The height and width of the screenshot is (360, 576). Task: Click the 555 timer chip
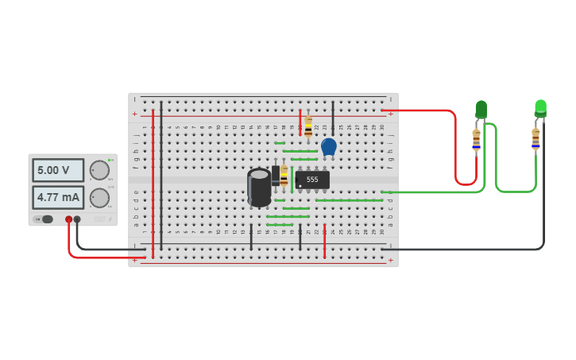point(312,180)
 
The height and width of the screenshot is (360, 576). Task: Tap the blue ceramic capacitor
point(329,146)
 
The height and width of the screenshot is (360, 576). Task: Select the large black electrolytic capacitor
point(259,188)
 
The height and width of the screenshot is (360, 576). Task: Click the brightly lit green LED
point(540,107)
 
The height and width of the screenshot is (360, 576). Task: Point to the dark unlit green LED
point(481,109)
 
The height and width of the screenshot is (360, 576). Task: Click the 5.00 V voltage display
point(58,170)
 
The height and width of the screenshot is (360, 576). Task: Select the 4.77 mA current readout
point(58,197)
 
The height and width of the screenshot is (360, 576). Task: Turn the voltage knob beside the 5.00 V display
point(99,170)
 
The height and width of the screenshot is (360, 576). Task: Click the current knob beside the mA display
point(99,197)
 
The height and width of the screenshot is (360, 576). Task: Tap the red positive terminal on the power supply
point(69,219)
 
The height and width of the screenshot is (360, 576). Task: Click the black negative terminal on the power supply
point(77,219)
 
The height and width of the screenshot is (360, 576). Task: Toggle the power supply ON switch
point(45,219)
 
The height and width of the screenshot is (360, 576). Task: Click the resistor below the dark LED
point(476,139)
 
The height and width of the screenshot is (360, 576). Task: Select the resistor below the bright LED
point(535,138)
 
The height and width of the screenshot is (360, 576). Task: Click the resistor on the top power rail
point(308,126)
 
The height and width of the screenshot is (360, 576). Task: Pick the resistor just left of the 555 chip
point(284,176)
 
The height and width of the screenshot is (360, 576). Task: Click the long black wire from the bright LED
point(543,199)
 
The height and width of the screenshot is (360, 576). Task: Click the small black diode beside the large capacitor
point(276,175)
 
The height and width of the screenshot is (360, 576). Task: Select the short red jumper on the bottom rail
point(324,240)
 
